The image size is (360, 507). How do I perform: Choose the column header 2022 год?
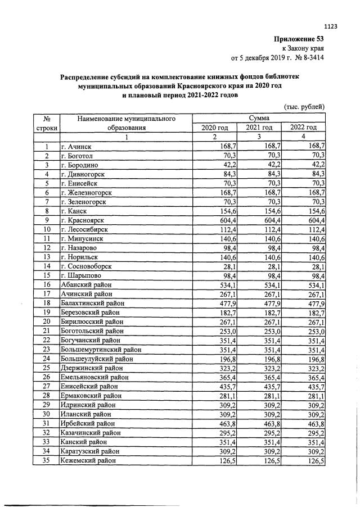[303, 128]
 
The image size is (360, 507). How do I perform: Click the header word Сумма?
[259, 118]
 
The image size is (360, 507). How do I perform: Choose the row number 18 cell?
[47, 303]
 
